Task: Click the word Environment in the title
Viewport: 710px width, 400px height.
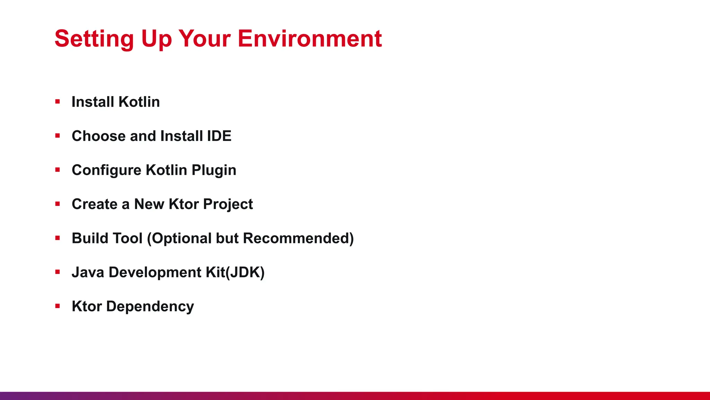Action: click(310, 39)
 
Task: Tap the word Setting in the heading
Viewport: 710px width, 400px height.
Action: click(94, 39)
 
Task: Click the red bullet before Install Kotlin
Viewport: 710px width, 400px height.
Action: click(58, 102)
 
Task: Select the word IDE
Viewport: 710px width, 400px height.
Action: click(219, 136)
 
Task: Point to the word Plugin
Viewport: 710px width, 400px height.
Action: click(214, 170)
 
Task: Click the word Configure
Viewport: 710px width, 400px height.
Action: click(106, 170)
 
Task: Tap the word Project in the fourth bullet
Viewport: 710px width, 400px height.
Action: click(228, 204)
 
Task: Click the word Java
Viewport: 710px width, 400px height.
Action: click(88, 272)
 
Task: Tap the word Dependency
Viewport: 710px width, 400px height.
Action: click(150, 306)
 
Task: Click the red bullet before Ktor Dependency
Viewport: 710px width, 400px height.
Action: click(58, 306)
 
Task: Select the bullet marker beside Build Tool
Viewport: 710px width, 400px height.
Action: click(58, 238)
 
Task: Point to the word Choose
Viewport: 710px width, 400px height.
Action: click(98, 136)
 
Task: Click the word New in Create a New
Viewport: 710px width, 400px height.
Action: click(149, 204)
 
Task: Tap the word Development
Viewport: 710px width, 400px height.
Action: click(155, 272)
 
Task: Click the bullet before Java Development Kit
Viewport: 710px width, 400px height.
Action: click(58, 272)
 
